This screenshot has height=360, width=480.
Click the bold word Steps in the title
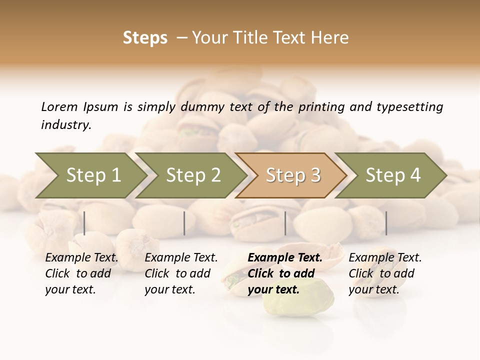[145, 38]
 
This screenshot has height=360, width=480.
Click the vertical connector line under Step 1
[84, 223]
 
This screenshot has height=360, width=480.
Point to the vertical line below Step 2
[184, 223]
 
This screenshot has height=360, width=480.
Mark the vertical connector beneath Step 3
[285, 223]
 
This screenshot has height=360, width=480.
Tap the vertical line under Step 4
[386, 223]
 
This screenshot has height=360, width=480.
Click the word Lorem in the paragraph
[59, 107]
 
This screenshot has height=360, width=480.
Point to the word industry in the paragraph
[65, 125]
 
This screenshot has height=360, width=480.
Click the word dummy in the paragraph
[203, 107]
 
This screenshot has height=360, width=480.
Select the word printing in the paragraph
[317, 107]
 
